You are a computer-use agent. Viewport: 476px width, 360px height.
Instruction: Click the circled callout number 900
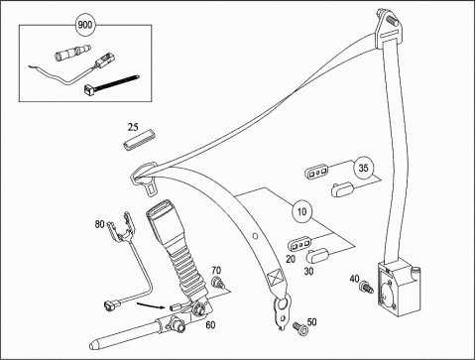tap(85, 25)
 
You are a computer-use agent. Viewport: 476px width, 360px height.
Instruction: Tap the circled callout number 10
tap(301, 211)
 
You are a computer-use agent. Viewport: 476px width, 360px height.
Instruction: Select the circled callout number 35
tap(363, 168)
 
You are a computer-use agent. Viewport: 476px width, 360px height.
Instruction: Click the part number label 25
tap(133, 127)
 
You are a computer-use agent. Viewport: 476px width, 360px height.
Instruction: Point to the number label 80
tap(99, 224)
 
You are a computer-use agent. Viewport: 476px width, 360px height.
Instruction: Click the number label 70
tap(216, 270)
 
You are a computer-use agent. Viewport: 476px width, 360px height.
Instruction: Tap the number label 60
tap(210, 325)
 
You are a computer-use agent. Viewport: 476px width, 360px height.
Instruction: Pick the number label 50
tap(311, 321)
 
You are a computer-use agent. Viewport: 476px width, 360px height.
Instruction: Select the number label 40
tap(355, 279)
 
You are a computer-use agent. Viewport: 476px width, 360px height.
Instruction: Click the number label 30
tap(308, 272)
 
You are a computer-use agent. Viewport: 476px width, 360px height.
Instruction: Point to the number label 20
tap(291, 259)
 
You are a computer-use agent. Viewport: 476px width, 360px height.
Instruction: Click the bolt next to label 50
tap(300, 329)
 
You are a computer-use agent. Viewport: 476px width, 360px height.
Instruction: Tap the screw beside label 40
tap(367, 287)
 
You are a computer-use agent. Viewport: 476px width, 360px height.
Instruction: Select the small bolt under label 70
tap(217, 283)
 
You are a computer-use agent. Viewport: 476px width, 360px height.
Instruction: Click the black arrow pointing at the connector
tap(151, 305)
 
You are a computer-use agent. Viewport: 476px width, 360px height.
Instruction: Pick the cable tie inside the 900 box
tap(111, 84)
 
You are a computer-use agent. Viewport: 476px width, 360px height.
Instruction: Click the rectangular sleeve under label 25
tap(140, 140)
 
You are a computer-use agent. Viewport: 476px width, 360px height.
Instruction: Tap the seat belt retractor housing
tap(398, 288)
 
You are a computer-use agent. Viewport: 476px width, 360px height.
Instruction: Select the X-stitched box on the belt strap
tap(276, 278)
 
